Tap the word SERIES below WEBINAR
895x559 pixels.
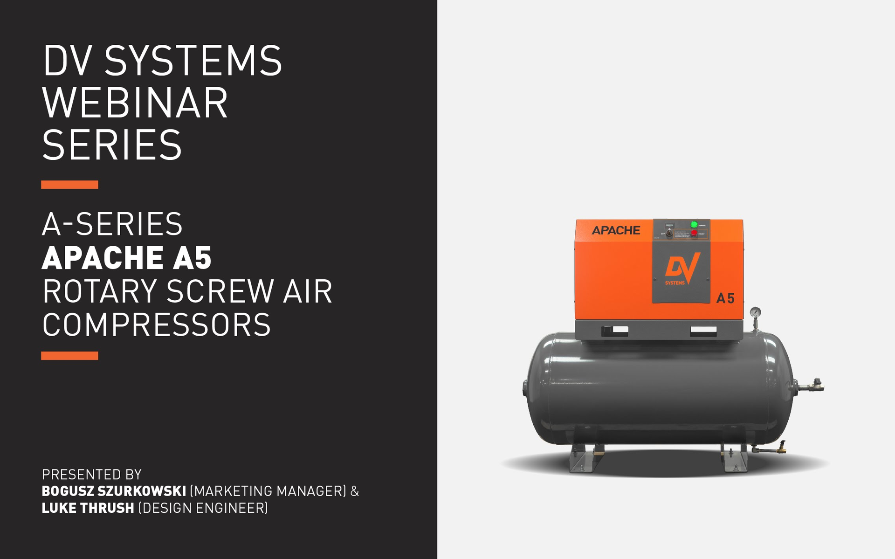[112, 145]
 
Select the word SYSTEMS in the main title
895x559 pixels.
[193, 61]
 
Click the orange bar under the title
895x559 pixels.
[69, 185]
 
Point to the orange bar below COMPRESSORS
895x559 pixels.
[69, 356]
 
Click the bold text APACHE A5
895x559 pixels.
[127, 258]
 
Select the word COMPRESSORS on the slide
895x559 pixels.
[157, 325]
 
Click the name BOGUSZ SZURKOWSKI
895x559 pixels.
[114, 491]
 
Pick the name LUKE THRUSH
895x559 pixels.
[88, 508]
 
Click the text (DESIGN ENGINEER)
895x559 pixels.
[203, 508]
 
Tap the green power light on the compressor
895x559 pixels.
[694, 225]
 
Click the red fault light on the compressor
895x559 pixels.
[694, 233]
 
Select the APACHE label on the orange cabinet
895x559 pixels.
[616, 230]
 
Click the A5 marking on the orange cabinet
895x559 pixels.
[725, 298]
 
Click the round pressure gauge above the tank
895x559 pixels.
[755, 312]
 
